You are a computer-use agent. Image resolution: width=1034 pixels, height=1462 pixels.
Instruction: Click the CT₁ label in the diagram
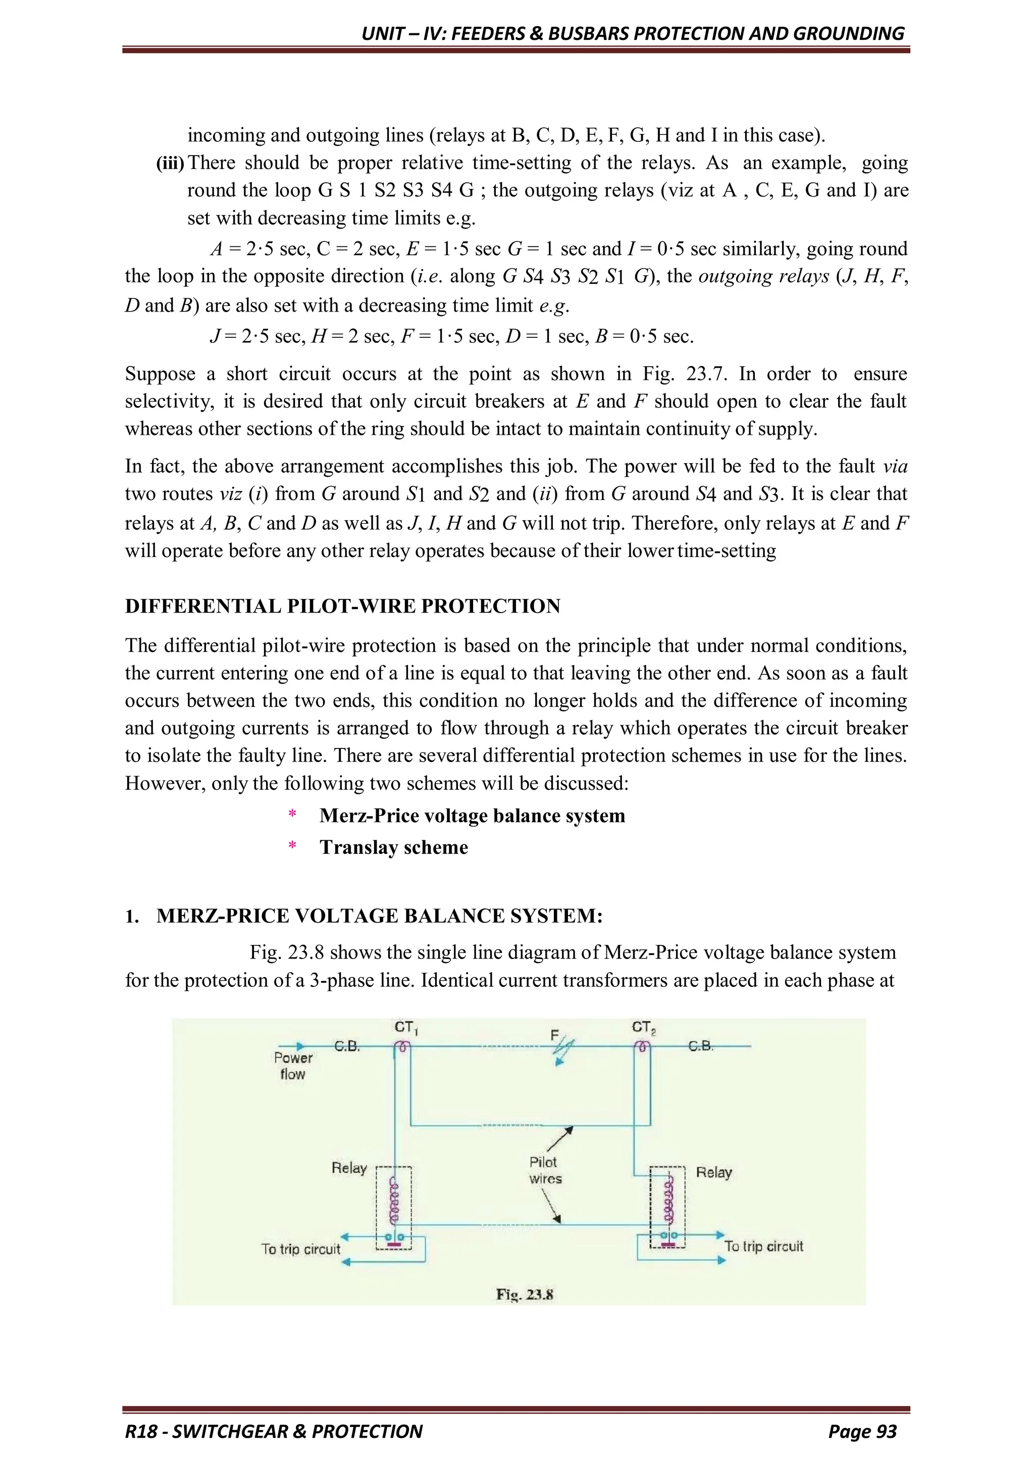tap(405, 1027)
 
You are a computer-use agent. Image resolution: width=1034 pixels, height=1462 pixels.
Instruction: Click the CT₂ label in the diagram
tap(644, 1027)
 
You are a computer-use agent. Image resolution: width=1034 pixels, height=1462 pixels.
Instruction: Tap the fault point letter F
tap(554, 1036)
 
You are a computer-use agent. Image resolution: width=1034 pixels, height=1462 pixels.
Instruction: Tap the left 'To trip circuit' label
tap(300, 1249)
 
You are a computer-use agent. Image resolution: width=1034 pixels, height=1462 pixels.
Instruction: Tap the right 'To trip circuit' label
tap(763, 1246)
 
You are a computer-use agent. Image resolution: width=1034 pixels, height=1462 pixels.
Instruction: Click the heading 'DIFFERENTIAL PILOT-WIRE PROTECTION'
tap(342, 606)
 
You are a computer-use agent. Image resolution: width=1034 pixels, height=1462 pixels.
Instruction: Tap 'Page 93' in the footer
tap(862, 1431)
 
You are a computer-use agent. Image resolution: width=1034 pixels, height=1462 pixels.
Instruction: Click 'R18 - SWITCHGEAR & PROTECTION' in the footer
tap(274, 1431)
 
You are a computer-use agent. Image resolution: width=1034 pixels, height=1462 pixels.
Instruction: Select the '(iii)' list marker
tap(170, 163)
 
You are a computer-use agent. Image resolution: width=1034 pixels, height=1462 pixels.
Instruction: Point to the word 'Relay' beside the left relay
tap(349, 1168)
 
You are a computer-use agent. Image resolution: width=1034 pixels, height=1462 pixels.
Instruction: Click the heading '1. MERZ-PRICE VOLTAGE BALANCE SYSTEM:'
tap(364, 916)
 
